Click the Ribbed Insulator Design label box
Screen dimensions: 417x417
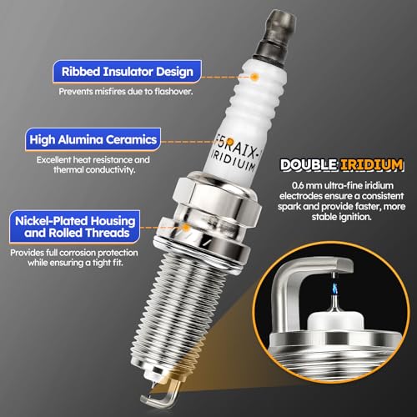[x=127, y=72]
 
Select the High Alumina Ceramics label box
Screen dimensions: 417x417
[x=93, y=139]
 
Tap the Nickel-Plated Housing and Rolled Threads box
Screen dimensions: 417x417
[x=74, y=227]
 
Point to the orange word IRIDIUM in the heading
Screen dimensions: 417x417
[x=372, y=164]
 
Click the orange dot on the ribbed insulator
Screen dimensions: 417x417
[x=254, y=77]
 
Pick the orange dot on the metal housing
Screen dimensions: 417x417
[x=186, y=228]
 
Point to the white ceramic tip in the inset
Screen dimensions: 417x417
[x=335, y=323]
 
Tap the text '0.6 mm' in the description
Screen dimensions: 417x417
[x=305, y=185]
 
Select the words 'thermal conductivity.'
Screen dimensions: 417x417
[x=94, y=169]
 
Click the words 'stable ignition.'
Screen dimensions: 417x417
[x=341, y=217]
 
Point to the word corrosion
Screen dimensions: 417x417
[x=78, y=253]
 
